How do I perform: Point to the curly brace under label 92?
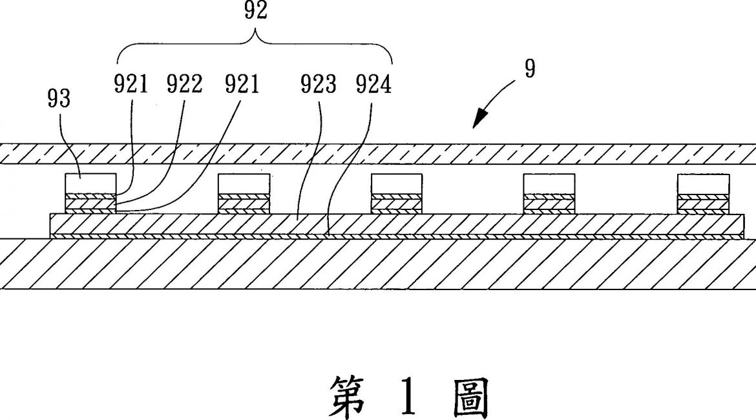[x=255, y=43]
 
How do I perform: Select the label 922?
[x=184, y=85]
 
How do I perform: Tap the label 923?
[x=317, y=85]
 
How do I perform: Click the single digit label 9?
[x=529, y=69]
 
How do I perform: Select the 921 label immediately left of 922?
[x=132, y=85]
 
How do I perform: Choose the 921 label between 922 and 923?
[x=242, y=85]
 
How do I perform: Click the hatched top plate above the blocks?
[x=378, y=154]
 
